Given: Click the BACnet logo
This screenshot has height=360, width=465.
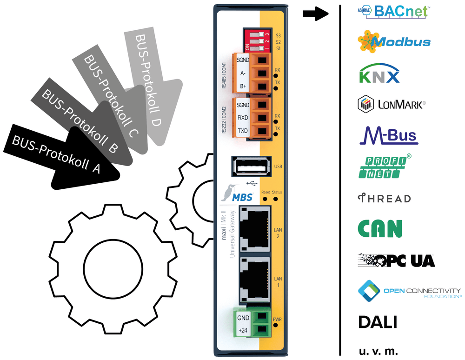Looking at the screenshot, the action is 393,12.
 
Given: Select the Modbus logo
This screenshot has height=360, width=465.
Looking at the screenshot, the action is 394,41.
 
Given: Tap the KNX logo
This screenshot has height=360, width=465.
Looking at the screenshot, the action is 379,73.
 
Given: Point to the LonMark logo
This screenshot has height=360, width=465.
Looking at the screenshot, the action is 392,104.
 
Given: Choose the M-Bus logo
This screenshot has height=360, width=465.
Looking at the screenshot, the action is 389,135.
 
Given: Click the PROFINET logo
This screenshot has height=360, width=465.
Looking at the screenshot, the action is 385,167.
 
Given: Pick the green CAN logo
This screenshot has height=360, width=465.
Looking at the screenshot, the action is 380,229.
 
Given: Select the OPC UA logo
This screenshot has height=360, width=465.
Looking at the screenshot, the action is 396,260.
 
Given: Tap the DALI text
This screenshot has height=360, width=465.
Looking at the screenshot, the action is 378,322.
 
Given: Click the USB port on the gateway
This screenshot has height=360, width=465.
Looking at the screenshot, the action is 252,167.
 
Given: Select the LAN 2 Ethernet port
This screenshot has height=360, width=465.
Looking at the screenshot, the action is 255,229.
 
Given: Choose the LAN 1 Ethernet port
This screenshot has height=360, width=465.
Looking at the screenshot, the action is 255,280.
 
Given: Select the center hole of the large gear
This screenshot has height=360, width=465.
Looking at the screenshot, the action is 113,269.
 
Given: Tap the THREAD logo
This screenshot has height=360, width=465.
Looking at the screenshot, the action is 385,198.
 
